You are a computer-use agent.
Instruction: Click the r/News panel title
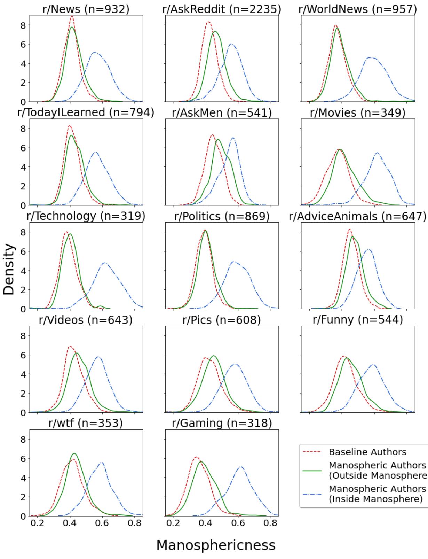click(86, 9)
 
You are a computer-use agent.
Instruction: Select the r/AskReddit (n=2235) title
click(222, 9)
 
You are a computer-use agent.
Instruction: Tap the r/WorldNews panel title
click(357, 9)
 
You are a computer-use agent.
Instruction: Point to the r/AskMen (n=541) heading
click(222, 113)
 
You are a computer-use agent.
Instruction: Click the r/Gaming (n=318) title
click(222, 423)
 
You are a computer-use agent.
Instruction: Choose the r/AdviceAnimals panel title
click(357, 216)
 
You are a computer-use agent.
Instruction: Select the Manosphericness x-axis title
click(216, 545)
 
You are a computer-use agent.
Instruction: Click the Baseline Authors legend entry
click(367, 452)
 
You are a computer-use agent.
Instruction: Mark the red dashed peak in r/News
click(72, 16)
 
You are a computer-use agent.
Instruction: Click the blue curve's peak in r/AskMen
click(233, 138)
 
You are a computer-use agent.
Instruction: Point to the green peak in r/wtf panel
click(74, 453)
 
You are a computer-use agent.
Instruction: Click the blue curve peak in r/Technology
click(104, 263)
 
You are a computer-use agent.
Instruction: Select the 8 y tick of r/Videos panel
click(23, 336)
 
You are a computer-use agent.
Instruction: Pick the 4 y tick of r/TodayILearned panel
click(23, 167)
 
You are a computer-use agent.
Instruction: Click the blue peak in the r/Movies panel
click(377, 153)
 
